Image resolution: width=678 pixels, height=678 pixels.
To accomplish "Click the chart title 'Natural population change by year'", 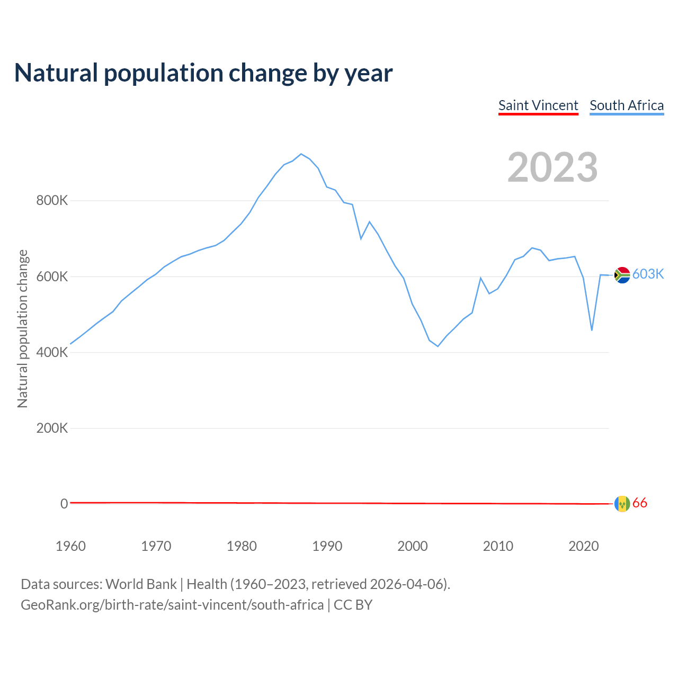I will pyautogui.click(x=203, y=73).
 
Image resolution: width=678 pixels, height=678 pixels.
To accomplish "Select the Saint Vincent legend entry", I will pyautogui.click(x=538, y=105).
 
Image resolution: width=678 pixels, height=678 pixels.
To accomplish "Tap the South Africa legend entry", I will pyautogui.click(x=627, y=105).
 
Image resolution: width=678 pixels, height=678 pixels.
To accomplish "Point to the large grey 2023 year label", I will pyautogui.click(x=552, y=167).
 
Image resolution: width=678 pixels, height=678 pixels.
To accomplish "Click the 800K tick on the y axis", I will pyautogui.click(x=52, y=201).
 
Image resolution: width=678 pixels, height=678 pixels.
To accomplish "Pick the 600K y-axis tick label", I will pyautogui.click(x=52, y=276).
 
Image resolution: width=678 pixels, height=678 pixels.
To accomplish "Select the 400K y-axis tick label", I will pyautogui.click(x=52, y=352).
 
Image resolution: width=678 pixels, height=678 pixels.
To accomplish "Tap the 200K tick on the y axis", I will pyautogui.click(x=52, y=428).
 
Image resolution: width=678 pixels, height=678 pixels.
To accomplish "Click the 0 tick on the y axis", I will pyautogui.click(x=64, y=504).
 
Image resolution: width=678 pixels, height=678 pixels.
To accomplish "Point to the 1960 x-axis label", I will pyautogui.click(x=70, y=546).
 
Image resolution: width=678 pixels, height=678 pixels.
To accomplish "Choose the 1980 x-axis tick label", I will pyautogui.click(x=242, y=546).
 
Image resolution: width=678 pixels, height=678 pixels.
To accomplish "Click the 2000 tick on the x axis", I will pyautogui.click(x=413, y=546).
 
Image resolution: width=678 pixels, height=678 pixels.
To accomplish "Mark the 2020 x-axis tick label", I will pyautogui.click(x=584, y=546).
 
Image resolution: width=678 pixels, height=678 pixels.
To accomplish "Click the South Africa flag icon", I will pyautogui.click(x=622, y=275).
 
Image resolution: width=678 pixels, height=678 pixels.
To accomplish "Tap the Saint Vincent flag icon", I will pyautogui.click(x=622, y=504).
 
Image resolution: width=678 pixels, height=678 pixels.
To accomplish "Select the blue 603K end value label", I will pyautogui.click(x=648, y=274).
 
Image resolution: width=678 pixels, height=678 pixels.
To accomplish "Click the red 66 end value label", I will pyautogui.click(x=640, y=503).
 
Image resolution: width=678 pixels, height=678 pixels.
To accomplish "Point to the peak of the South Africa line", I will pyautogui.click(x=301, y=154).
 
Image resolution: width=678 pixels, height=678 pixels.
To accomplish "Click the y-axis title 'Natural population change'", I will pyautogui.click(x=22, y=328).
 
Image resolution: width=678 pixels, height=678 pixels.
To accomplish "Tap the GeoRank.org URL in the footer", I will pyautogui.click(x=172, y=604).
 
